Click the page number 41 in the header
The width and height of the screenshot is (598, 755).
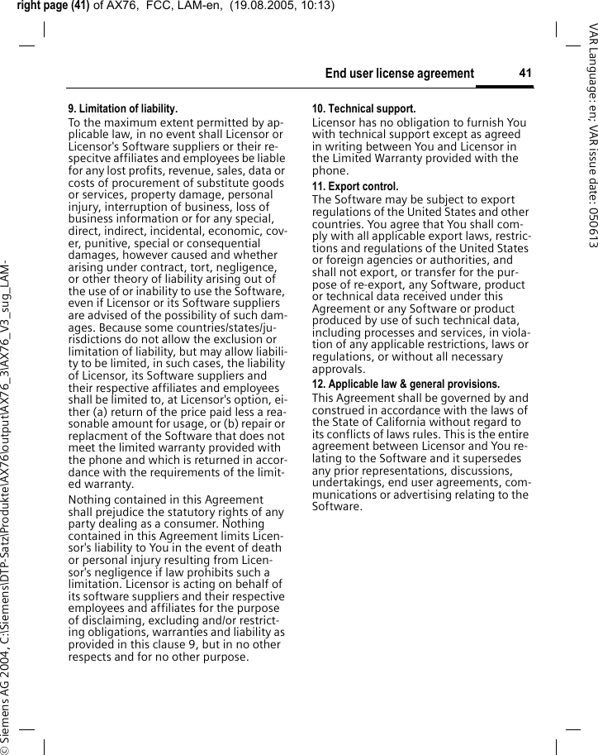[524, 74]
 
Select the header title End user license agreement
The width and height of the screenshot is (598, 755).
[399, 74]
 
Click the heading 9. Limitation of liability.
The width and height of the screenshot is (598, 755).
[122, 108]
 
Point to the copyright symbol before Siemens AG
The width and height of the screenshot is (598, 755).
[7, 747]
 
